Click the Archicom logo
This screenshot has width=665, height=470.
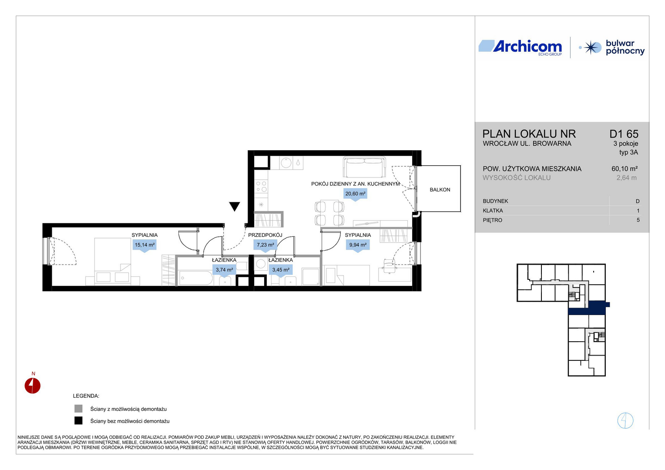point(520,47)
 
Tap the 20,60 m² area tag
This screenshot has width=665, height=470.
point(356,194)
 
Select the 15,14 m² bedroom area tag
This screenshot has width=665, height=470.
point(144,245)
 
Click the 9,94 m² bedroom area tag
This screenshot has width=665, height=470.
point(358,245)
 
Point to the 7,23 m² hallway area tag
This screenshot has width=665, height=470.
point(265,245)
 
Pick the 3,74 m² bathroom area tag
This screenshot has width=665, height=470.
point(224,271)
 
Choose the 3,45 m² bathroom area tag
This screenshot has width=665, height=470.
point(281,271)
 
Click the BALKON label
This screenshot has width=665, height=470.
point(440,190)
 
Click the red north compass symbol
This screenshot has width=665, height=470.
point(32,386)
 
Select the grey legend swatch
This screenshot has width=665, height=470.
point(78,409)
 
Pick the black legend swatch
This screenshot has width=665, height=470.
point(78,421)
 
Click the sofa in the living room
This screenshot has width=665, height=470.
point(365,167)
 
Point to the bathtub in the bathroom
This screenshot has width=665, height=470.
point(196,278)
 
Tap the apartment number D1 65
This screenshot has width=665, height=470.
point(624,134)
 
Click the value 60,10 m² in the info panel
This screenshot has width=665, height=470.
point(625,169)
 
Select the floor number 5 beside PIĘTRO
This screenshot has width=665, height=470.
point(638,220)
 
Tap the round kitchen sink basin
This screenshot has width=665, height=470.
point(286,163)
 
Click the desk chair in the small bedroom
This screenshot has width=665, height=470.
point(389,265)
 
